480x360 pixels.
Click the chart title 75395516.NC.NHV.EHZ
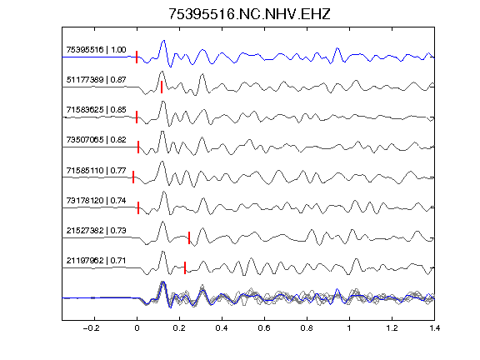[249, 14]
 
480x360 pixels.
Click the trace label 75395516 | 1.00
[96, 50]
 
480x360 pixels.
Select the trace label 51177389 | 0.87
[96, 80]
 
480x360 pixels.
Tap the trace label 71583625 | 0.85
[96, 110]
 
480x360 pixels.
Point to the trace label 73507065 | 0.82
[96, 140]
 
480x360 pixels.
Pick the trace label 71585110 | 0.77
[96, 170]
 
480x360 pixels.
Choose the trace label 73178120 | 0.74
[96, 201]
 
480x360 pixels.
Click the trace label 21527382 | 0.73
[96, 230]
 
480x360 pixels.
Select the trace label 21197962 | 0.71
[96, 261]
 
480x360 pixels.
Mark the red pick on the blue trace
[137, 57]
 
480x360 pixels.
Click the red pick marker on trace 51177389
[162, 87]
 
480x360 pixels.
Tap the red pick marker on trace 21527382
[189, 237]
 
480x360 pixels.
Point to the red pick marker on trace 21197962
[185, 267]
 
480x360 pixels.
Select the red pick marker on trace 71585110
[133, 177]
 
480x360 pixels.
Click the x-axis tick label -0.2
[92, 328]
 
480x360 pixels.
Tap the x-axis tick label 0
[137, 328]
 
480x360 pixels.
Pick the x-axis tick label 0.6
[264, 328]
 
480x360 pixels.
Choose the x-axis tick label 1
[349, 328]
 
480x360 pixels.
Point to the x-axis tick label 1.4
[434, 328]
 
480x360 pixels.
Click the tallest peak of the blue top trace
[164, 40]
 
